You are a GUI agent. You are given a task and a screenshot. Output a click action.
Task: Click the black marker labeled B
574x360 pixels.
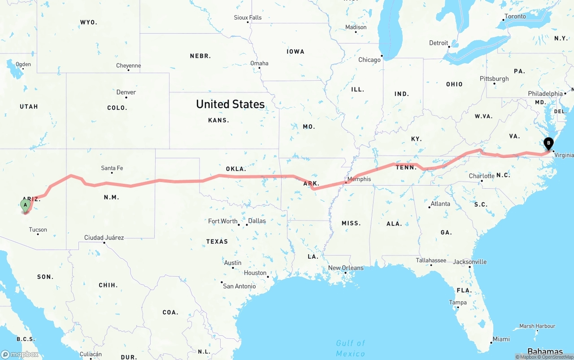[548, 144]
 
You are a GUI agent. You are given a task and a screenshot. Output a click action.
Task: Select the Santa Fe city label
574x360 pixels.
[112, 168]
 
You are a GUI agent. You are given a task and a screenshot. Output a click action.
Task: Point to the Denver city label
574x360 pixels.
[126, 92]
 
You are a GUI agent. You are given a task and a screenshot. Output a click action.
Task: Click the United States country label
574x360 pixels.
[230, 104]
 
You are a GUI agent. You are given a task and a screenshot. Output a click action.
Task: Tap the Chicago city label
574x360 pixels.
[369, 60]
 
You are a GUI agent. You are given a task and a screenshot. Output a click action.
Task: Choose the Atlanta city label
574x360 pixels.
[440, 204]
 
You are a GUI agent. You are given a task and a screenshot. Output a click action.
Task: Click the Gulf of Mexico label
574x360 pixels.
[351, 348]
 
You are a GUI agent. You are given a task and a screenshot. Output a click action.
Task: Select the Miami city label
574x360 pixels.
[501, 339]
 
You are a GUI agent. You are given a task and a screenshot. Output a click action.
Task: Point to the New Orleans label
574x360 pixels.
[346, 268]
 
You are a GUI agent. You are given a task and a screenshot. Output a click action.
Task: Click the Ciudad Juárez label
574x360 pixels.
[104, 238]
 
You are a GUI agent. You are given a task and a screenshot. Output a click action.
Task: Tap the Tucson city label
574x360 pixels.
[38, 230]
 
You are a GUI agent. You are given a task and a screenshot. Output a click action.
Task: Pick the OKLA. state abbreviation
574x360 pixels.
[236, 169]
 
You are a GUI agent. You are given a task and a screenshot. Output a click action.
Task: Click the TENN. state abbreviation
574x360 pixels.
[406, 167]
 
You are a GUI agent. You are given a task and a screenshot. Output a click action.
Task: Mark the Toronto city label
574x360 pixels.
[515, 16]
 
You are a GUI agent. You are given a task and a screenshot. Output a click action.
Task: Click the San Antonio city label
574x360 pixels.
[239, 286]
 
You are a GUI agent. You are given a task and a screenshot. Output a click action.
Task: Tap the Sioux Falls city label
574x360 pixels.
[248, 17]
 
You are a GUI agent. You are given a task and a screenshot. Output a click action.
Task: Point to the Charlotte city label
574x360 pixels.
[481, 176]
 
